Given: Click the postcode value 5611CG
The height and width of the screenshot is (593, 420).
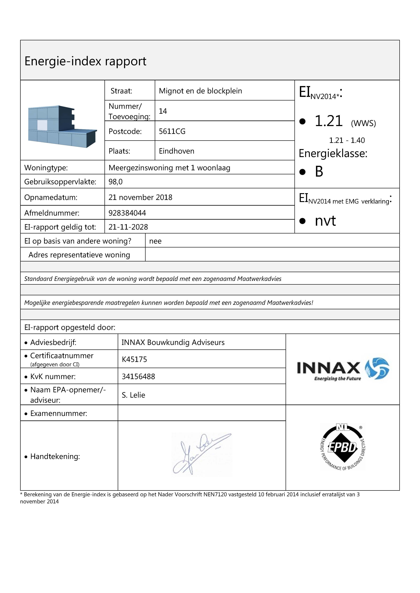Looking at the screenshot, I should point(172,131).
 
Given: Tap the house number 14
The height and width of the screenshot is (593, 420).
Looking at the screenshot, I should point(163,111).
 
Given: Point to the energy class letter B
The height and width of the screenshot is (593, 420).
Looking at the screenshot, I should point(319,172).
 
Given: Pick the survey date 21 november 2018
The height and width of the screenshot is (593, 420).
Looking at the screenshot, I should point(140,197).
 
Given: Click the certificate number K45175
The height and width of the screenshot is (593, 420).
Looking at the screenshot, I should point(134,359).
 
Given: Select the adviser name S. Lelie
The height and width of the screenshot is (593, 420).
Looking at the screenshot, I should point(133,395).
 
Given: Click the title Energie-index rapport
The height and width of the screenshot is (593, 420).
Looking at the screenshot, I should point(85,61).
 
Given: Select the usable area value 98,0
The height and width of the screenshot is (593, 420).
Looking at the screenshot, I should point(115,182).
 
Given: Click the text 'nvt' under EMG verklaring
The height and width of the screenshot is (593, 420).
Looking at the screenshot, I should point(325,221).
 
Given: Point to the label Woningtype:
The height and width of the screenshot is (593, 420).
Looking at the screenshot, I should point(46,168).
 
